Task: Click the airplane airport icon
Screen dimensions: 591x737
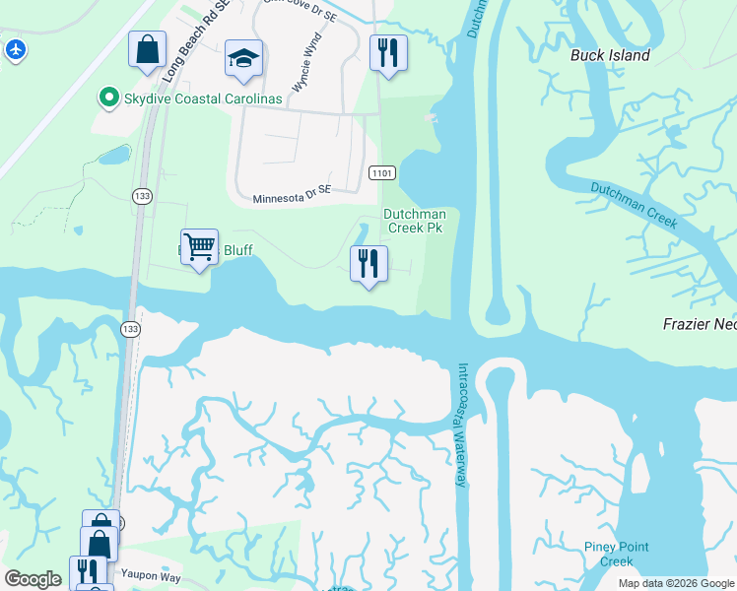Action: (15, 49)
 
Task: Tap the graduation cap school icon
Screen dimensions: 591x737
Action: (242, 58)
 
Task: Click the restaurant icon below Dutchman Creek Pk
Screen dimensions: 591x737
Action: (368, 263)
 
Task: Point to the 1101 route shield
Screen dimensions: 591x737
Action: (382, 173)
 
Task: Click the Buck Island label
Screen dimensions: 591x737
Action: (610, 55)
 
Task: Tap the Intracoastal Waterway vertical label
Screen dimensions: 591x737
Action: (462, 424)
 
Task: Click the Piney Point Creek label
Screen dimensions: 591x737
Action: (616, 555)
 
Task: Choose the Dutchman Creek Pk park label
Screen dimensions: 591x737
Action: (414, 221)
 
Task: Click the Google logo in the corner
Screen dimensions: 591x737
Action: (33, 578)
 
